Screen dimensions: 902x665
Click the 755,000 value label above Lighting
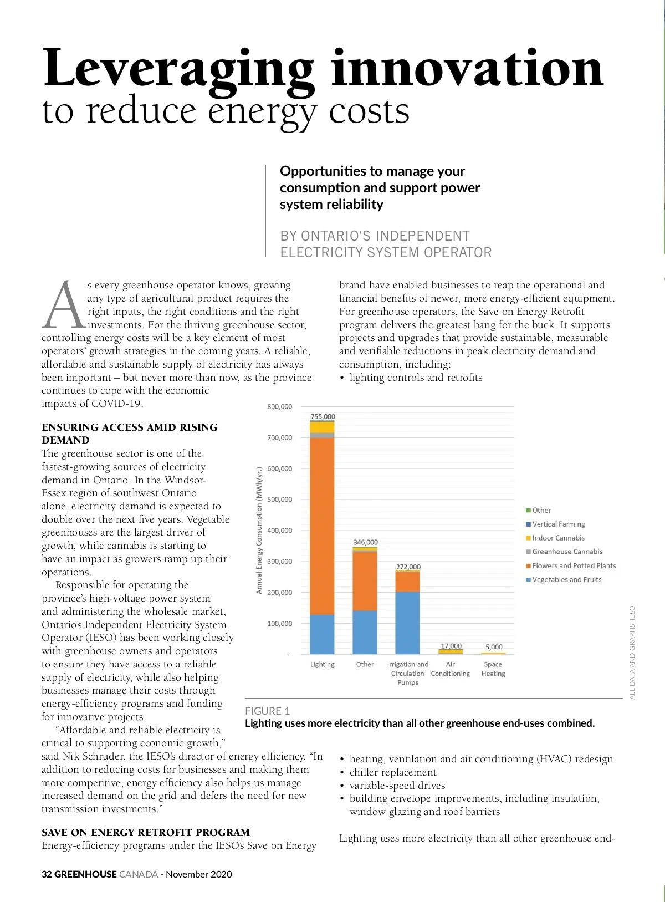323,416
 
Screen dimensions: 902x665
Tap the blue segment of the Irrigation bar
407,623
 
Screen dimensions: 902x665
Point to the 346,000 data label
365,542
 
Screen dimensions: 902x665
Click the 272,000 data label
408,567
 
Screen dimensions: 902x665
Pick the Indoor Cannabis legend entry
558,538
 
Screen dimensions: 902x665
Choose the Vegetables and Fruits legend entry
566,579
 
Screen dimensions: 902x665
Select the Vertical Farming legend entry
558,524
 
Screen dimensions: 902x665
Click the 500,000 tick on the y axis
279,500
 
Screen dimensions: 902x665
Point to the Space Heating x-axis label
493,669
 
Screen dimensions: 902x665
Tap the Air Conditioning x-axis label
450,669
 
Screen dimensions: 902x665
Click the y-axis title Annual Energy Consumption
259,531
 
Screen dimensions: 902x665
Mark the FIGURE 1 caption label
267,711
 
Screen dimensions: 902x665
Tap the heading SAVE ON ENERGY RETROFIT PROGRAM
146,832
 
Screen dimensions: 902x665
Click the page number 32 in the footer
47,874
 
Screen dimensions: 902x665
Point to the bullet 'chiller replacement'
392,772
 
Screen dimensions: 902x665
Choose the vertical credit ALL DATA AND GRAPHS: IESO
632,653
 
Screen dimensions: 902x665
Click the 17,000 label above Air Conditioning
451,646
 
